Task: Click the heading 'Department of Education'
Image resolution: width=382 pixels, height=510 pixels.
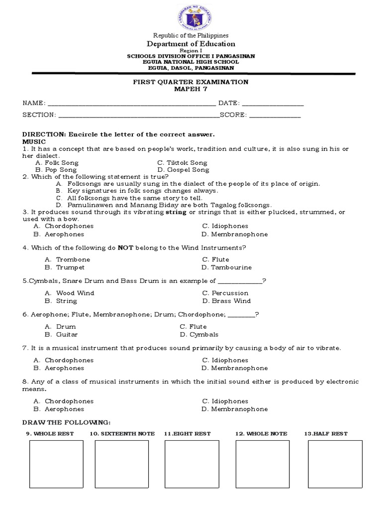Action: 191,44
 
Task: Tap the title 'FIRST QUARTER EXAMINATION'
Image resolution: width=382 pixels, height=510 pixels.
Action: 191,82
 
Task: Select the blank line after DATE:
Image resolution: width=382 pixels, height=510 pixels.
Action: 273,105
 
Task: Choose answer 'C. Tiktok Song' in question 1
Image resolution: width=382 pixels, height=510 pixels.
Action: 182,163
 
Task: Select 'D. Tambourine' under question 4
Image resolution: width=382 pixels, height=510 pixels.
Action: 227,267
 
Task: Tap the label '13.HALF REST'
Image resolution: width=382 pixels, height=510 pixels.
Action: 326,434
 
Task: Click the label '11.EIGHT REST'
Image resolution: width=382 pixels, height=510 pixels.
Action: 187,434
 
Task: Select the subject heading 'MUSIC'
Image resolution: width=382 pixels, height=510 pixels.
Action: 34,142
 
